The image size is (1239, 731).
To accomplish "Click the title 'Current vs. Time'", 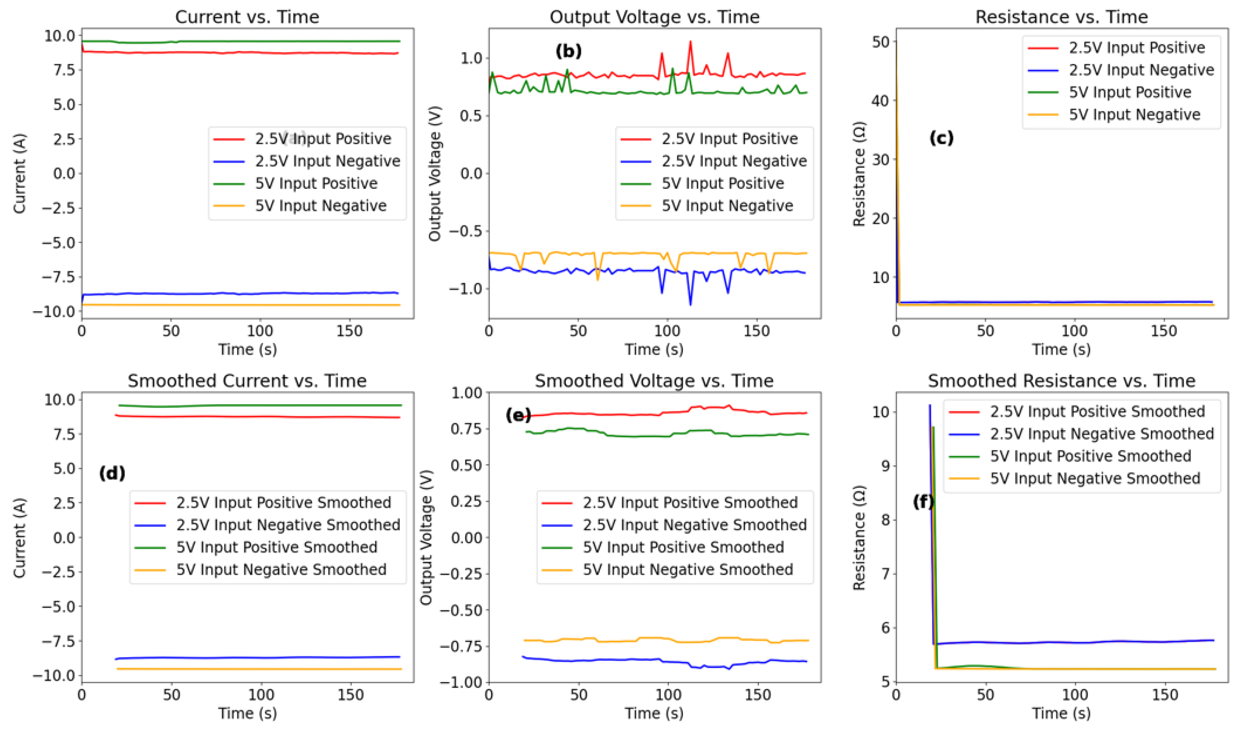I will pos(247,17).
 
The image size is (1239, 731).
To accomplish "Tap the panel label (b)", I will pos(568,51).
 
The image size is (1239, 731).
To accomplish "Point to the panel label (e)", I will pos(518,415).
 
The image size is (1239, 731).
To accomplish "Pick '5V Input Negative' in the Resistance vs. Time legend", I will pos(1134,115).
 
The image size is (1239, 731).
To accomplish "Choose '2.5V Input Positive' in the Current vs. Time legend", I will pos(323,139).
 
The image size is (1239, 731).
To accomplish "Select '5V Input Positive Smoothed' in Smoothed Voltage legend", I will pos(683,547).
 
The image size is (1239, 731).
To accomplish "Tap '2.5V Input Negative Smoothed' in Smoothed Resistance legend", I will pos(1102,434).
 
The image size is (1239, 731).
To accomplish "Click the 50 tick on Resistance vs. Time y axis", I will pos(880,42).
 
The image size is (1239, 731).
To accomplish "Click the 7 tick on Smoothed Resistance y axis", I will pos(885,574).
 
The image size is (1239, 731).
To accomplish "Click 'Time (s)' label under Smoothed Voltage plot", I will pos(654,713).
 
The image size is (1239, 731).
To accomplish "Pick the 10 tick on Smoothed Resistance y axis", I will pos(880,412).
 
